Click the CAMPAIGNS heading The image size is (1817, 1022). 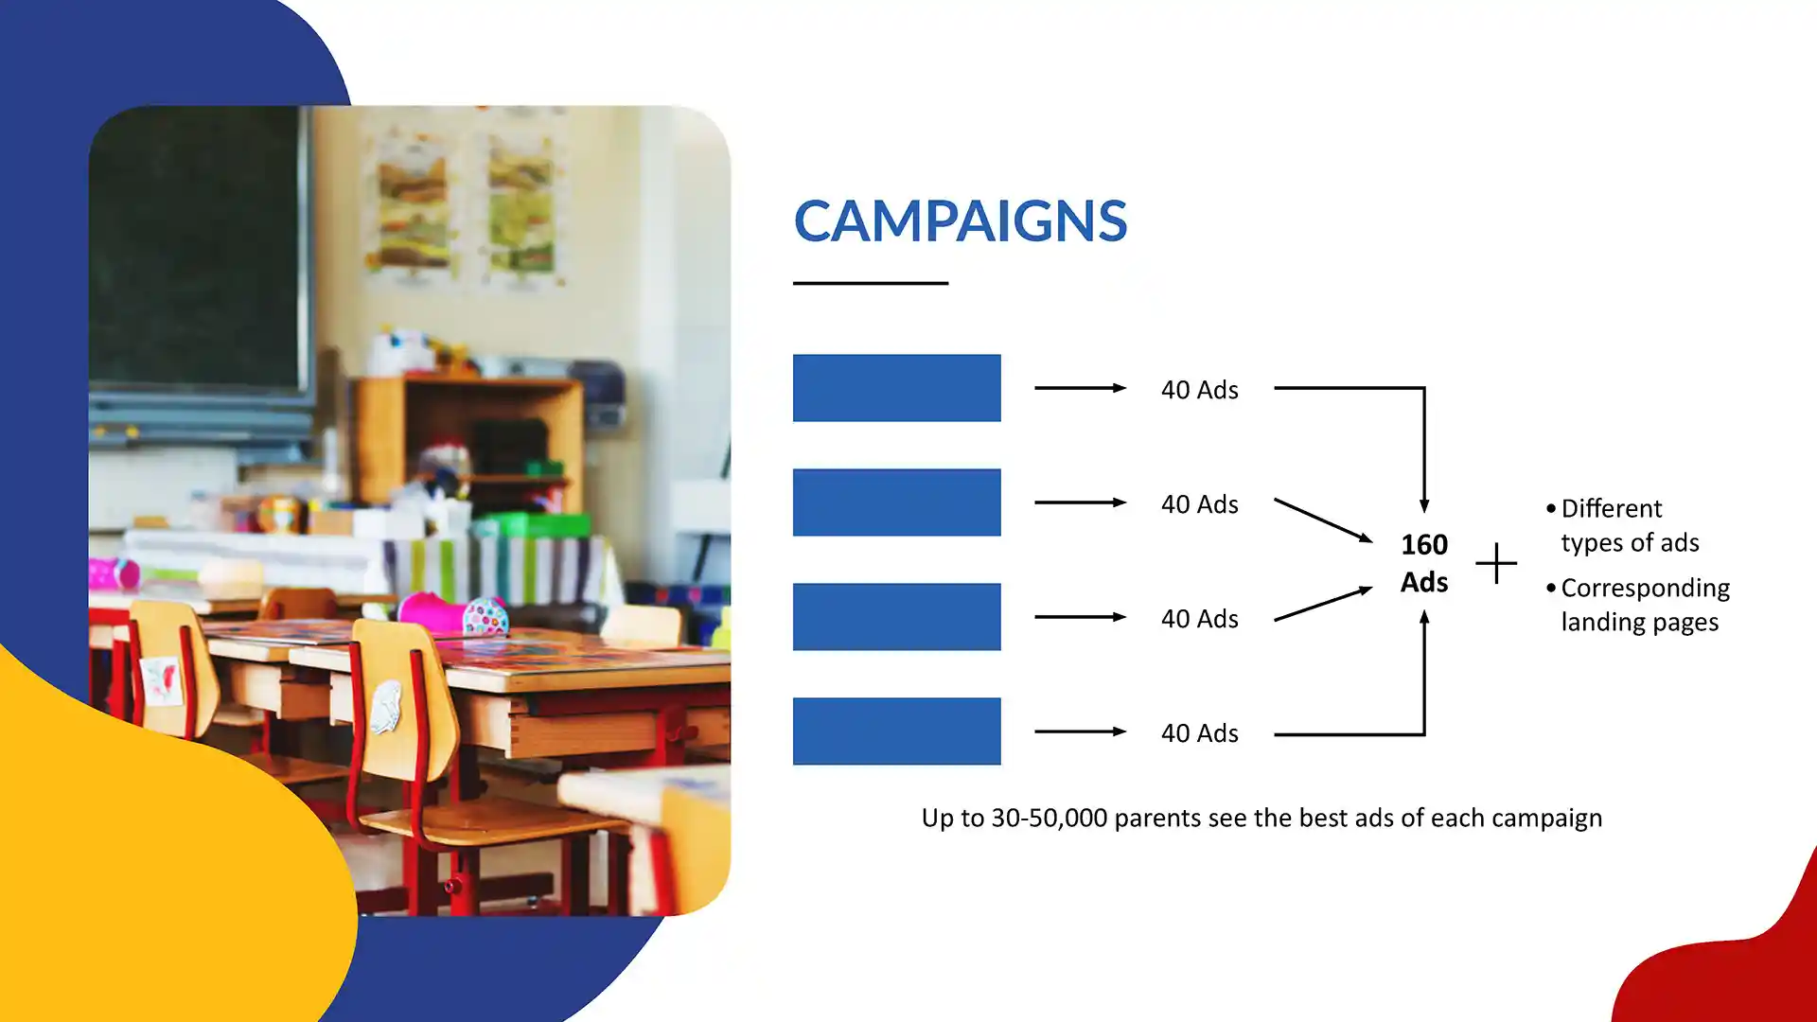pos(960,220)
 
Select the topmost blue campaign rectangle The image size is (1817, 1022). pos(896,388)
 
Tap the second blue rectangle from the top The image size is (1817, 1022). pos(896,502)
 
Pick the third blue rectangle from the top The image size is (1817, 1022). pos(896,617)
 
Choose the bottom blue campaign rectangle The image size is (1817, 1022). pos(896,731)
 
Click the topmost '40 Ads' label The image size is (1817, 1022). pos(1199,390)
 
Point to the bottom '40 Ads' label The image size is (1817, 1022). pos(1199,733)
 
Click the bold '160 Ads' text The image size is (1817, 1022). pos(1424,563)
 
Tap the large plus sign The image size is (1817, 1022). pos(1496,563)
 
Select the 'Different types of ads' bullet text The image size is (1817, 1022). pos(1623,525)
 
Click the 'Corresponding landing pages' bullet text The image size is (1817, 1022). pos(1638,605)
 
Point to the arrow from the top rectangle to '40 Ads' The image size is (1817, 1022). pos(1080,388)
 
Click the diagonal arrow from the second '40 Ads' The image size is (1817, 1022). pos(1323,520)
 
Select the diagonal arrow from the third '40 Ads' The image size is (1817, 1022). pos(1323,604)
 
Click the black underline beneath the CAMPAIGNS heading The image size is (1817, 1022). pos(871,283)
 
